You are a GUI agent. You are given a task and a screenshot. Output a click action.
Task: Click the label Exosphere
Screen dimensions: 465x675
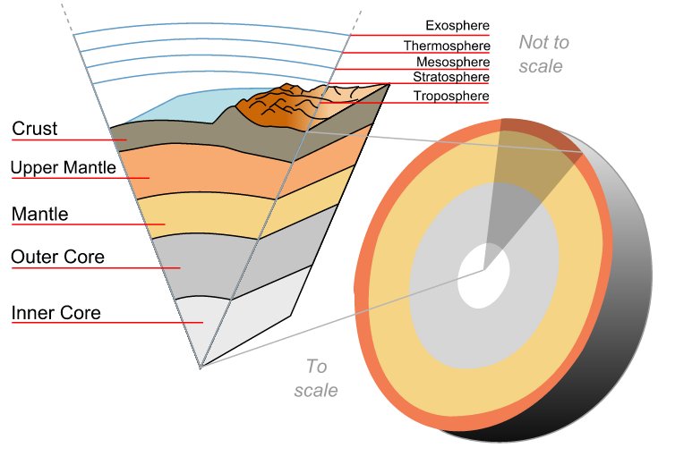pyautogui.click(x=457, y=27)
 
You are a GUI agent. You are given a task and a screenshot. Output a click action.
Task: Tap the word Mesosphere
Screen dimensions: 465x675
pyautogui.click(x=452, y=62)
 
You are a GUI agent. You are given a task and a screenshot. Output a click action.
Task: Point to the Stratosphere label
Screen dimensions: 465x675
pyautogui.click(x=450, y=78)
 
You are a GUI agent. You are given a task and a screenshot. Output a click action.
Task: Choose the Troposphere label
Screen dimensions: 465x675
pyautogui.click(x=450, y=96)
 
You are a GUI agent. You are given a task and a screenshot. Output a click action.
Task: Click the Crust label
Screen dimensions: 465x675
pyautogui.click(x=35, y=129)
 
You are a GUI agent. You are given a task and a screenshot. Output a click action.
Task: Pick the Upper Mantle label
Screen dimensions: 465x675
pyautogui.click(x=63, y=167)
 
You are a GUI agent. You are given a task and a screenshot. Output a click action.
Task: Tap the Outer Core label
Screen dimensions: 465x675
pyautogui.click(x=57, y=258)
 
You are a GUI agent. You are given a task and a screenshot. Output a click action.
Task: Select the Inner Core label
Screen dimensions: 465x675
pyautogui.click(x=56, y=313)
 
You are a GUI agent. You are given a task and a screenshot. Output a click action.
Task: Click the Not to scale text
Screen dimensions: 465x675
pyautogui.click(x=543, y=54)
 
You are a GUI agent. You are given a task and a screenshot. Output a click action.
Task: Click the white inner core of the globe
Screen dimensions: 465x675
pyautogui.click(x=484, y=267)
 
